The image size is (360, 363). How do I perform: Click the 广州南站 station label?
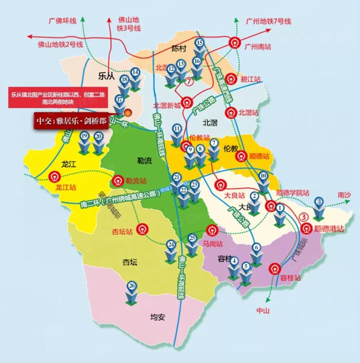(258, 47)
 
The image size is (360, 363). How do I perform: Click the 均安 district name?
(157, 317)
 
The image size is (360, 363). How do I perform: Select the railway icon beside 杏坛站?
(143, 229)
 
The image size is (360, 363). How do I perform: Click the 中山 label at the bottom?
(263, 311)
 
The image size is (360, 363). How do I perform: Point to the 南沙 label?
(344, 195)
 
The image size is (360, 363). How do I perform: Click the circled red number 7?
(189, 82)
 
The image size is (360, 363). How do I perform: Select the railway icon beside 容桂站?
(276, 269)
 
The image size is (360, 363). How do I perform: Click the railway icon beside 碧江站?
(231, 78)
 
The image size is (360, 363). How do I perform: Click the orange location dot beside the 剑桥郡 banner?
(128, 113)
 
